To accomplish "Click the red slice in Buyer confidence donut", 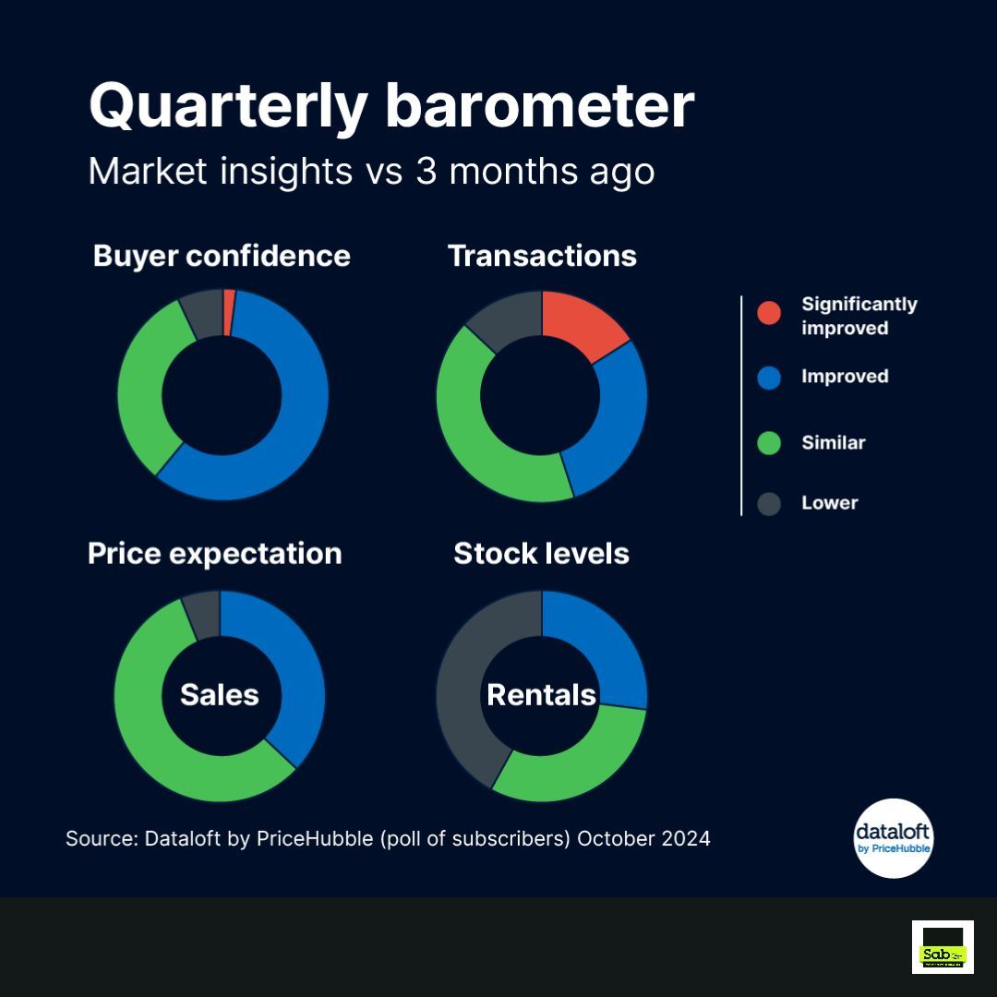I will pyautogui.click(x=229, y=312).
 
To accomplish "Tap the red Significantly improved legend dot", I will pyautogui.click(x=768, y=313).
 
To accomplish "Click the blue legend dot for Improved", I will pyautogui.click(x=768, y=377).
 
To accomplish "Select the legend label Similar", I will pyautogui.click(x=833, y=443).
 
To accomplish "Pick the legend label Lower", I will pyautogui.click(x=829, y=503).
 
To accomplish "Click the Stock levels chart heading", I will pyautogui.click(x=541, y=554).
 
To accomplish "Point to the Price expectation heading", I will pyautogui.click(x=214, y=554).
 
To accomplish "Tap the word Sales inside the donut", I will pyautogui.click(x=219, y=695).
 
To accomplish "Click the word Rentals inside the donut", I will pyautogui.click(x=541, y=695).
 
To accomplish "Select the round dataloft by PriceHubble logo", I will pyautogui.click(x=893, y=837).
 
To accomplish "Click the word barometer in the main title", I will pyautogui.click(x=538, y=107).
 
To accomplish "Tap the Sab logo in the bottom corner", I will pyautogui.click(x=943, y=946).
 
